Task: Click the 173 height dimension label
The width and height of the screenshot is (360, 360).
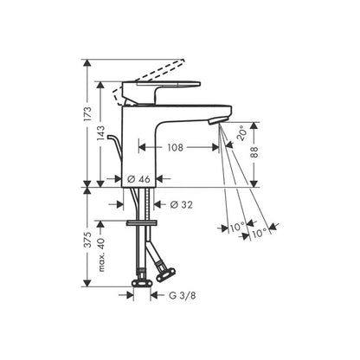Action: coord(88,113)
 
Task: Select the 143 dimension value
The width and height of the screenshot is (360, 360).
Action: coord(101,132)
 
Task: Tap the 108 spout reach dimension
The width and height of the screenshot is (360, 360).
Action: coord(176,148)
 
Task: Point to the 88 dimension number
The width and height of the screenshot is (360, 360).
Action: coord(254,151)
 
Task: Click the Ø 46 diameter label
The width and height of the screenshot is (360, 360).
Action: coord(138,179)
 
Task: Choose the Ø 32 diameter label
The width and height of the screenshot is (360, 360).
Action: coord(182,205)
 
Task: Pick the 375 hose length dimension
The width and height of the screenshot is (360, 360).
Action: coord(88,239)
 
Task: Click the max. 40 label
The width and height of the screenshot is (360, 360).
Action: coord(101,255)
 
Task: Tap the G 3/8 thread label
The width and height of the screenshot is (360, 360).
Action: coord(183,296)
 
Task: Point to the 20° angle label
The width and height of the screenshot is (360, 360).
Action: coord(241,132)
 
